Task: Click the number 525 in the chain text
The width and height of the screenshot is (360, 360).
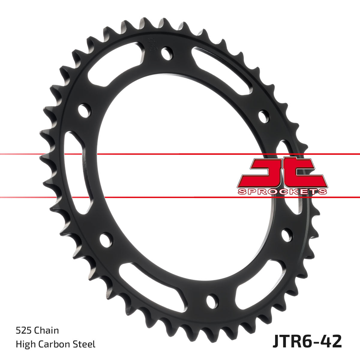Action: pyautogui.click(x=24, y=331)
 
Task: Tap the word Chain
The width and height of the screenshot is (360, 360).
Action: pyautogui.click(x=46, y=331)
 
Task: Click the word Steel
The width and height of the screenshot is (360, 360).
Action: pyautogui.click(x=85, y=344)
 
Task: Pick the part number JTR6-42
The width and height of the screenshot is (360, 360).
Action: pyautogui.click(x=307, y=342)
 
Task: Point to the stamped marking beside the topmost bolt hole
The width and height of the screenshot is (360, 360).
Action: pyautogui.click(x=152, y=45)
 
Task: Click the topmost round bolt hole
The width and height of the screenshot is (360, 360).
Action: pyautogui.click(x=167, y=53)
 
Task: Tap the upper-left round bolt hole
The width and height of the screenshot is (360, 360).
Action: pyautogui.click(x=85, y=111)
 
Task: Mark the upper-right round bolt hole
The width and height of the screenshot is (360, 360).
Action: pyautogui.click(x=264, y=117)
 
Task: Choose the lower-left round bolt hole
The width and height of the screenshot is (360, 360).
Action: pyautogui.click(x=106, y=240)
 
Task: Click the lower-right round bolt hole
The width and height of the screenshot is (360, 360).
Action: pyautogui.click(x=287, y=235)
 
